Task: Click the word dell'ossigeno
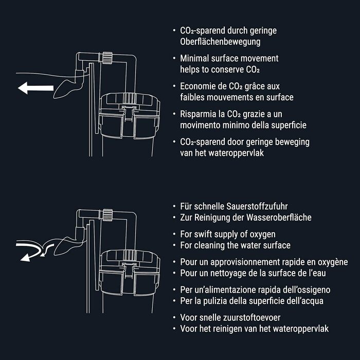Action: click(302, 290)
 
